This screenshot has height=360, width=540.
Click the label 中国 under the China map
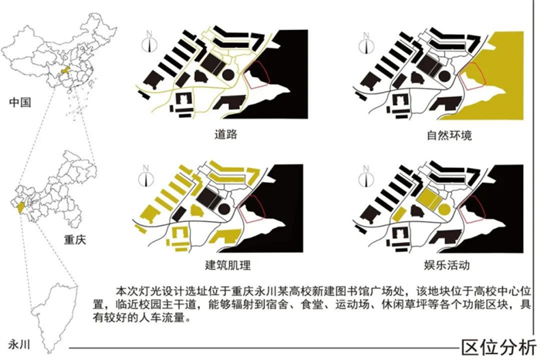[x=20, y=103]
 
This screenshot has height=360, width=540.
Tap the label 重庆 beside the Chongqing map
[x=75, y=240]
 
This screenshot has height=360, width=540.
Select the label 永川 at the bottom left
[x=19, y=344]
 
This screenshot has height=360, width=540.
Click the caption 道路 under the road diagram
[x=225, y=134]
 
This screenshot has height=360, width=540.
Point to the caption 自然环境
[x=449, y=135]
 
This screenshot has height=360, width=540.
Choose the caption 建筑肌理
[x=228, y=265]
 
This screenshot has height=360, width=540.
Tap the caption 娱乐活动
[x=447, y=264]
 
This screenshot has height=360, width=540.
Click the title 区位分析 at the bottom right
[x=498, y=347]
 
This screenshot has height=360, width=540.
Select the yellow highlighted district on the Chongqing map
[x=21, y=207]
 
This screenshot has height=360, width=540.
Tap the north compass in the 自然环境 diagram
[x=366, y=44]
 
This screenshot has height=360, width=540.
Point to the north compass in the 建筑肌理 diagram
[x=146, y=177]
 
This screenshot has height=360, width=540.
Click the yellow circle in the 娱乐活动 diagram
[x=444, y=209]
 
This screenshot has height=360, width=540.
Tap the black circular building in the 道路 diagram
[x=228, y=74]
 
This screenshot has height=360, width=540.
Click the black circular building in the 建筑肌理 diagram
[x=224, y=209]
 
